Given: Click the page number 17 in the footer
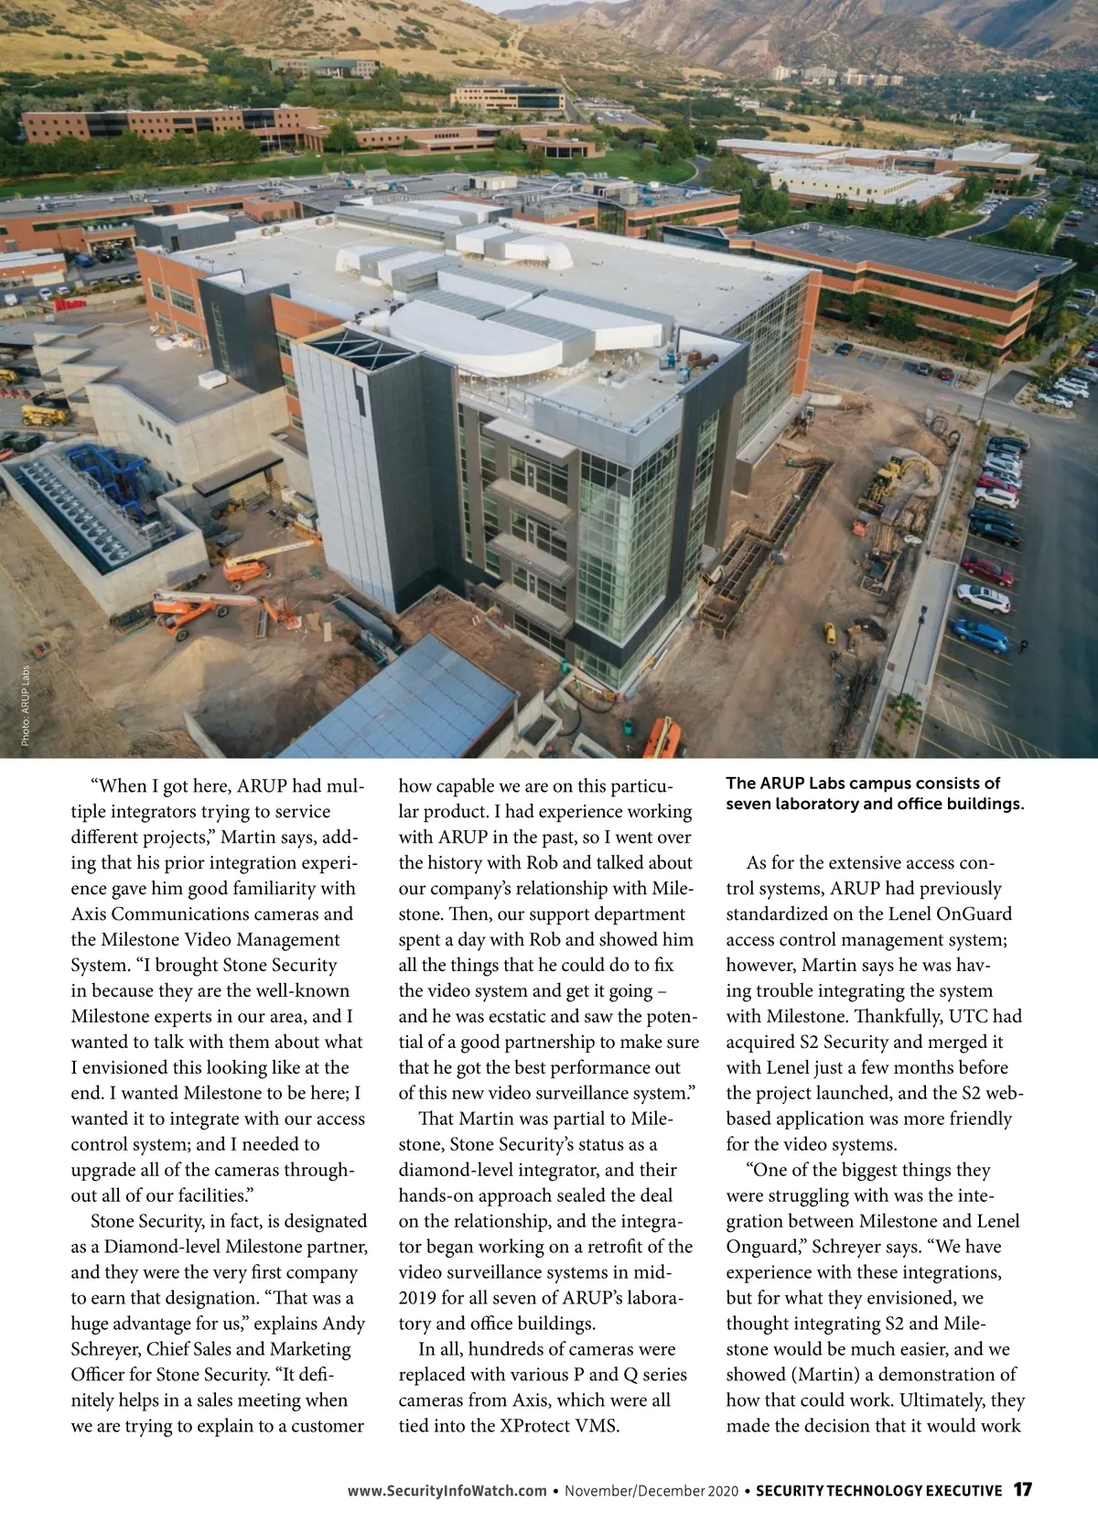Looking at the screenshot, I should click(1022, 1489).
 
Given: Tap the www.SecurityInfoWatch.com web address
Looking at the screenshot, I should click(447, 1490).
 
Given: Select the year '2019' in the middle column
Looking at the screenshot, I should click(420, 1297).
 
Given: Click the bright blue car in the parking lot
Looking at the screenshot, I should click(979, 632).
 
